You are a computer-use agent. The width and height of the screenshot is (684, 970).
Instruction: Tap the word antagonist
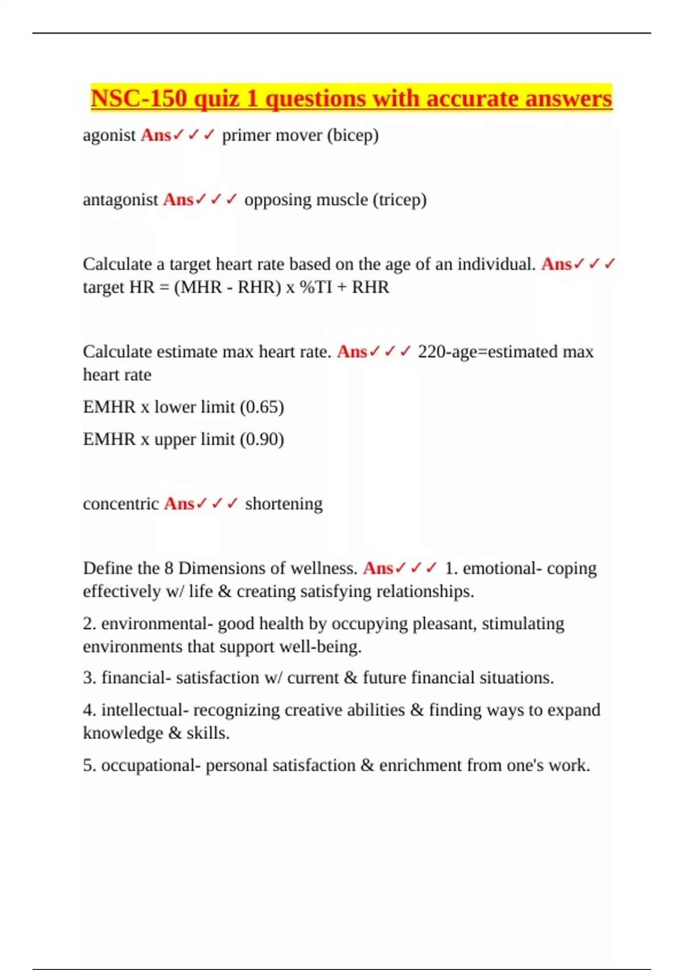[x=120, y=200]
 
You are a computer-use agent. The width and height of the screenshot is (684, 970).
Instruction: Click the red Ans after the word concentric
[x=179, y=504]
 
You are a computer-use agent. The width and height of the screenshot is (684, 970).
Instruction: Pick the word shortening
[x=283, y=504]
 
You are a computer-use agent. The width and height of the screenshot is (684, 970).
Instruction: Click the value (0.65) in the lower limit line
[x=262, y=407]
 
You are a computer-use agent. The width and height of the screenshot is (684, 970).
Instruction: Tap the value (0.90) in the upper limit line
[x=262, y=439]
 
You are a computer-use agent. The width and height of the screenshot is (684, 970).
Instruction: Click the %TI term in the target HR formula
[x=316, y=287]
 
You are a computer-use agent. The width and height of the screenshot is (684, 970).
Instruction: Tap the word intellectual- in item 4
[x=145, y=710]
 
